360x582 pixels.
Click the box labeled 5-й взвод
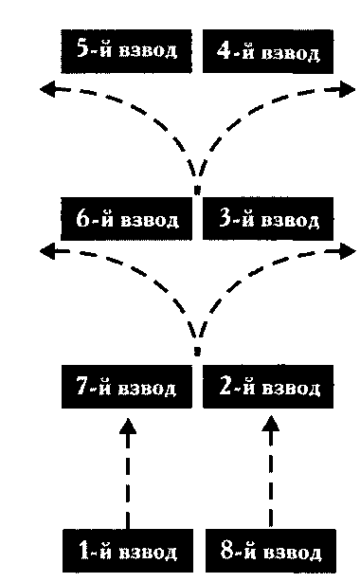click(126, 51)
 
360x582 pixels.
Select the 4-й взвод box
click(267, 51)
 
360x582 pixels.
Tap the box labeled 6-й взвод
click(126, 219)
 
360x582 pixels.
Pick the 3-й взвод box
click(267, 219)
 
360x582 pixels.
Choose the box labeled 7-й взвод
click(127, 387)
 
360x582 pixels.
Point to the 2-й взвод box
click(268, 387)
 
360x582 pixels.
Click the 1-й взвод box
click(128, 551)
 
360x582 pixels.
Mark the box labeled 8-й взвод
click(271, 551)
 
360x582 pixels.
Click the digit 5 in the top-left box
click(82, 48)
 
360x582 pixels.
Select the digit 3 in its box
click(225, 217)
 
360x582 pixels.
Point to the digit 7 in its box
click(82, 385)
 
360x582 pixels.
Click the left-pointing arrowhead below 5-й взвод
click(48, 89)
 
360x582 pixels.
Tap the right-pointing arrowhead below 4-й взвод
click(348, 89)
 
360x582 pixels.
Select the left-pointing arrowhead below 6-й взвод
click(48, 251)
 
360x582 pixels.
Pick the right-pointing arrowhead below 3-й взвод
click(348, 251)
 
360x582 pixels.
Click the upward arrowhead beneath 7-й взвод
click(128, 427)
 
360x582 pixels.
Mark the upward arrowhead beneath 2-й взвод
click(271, 423)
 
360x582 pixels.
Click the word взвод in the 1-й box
click(148, 553)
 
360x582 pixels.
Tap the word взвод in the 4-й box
click(290, 54)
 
